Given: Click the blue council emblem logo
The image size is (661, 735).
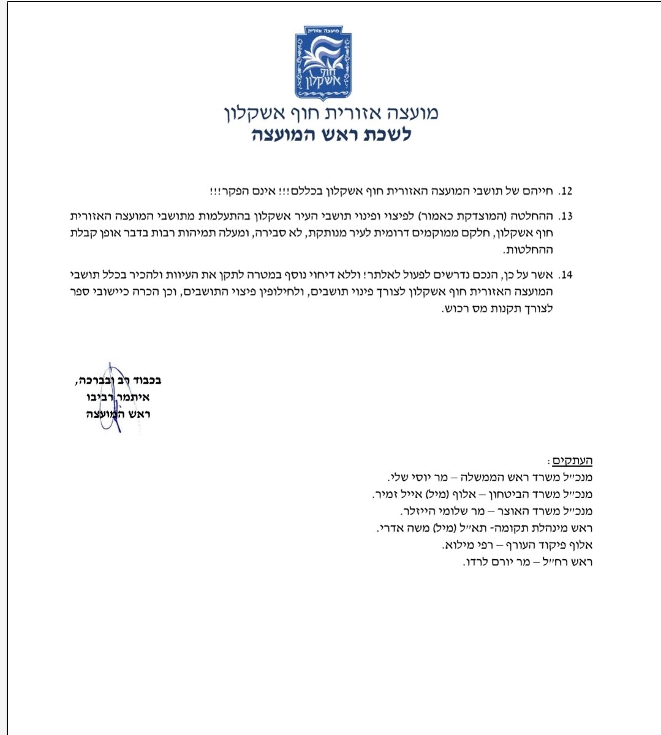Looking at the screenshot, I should pyautogui.click(x=323, y=63).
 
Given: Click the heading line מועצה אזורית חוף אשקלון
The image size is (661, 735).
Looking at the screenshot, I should pyautogui.click(x=330, y=113).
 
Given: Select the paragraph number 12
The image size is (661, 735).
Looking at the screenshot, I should pyautogui.click(x=565, y=191).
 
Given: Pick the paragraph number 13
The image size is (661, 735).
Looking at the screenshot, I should pyautogui.click(x=565, y=216).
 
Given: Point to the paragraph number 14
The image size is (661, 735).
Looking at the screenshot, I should pyautogui.click(x=565, y=275).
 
